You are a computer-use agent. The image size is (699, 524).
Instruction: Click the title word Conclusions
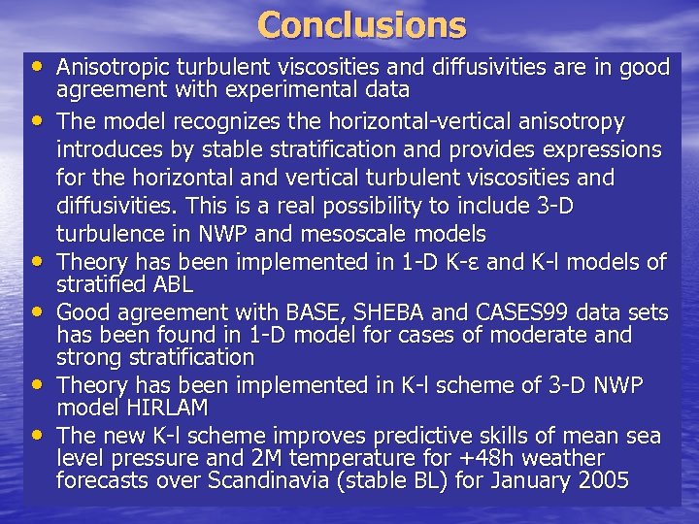(362, 24)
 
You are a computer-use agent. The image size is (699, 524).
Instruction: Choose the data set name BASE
(309, 312)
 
